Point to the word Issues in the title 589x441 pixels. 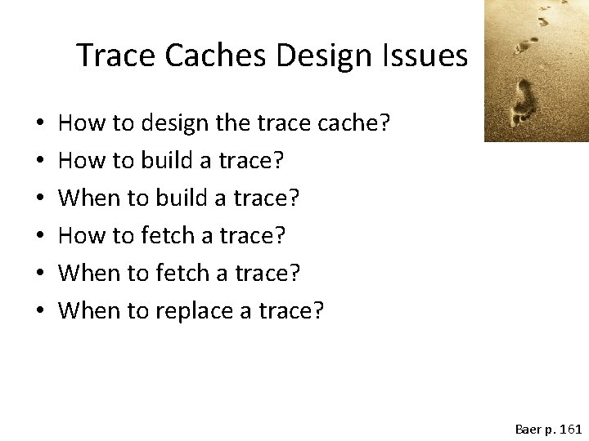point(430,56)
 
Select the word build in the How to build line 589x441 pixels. point(163,162)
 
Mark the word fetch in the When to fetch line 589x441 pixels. point(178,273)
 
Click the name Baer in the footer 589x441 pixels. point(528,428)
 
